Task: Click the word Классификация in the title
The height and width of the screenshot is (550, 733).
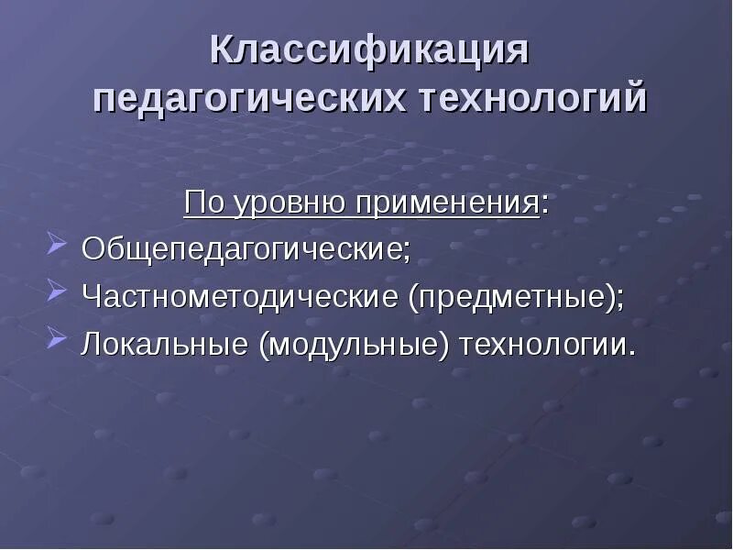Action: (x=369, y=51)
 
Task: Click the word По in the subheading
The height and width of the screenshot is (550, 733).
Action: (x=200, y=202)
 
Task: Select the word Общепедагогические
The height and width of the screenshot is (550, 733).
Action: (x=242, y=249)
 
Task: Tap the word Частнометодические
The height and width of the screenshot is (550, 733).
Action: (x=240, y=297)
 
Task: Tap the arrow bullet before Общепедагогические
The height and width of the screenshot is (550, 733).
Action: (x=55, y=246)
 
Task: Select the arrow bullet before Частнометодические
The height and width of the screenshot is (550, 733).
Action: (x=55, y=293)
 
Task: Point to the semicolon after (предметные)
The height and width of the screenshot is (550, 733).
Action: (x=618, y=300)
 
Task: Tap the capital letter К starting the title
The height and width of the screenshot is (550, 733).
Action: (x=220, y=51)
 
